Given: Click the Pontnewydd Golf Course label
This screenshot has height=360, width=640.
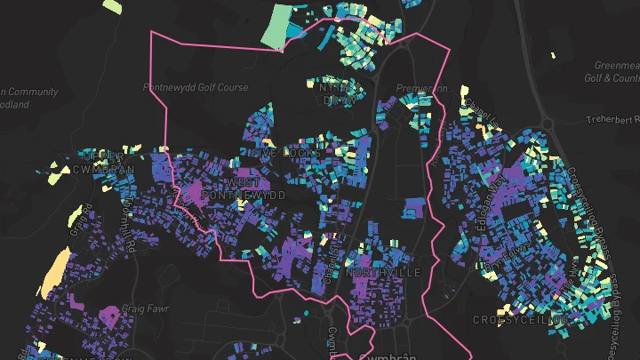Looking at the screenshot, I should tap(196, 88).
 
